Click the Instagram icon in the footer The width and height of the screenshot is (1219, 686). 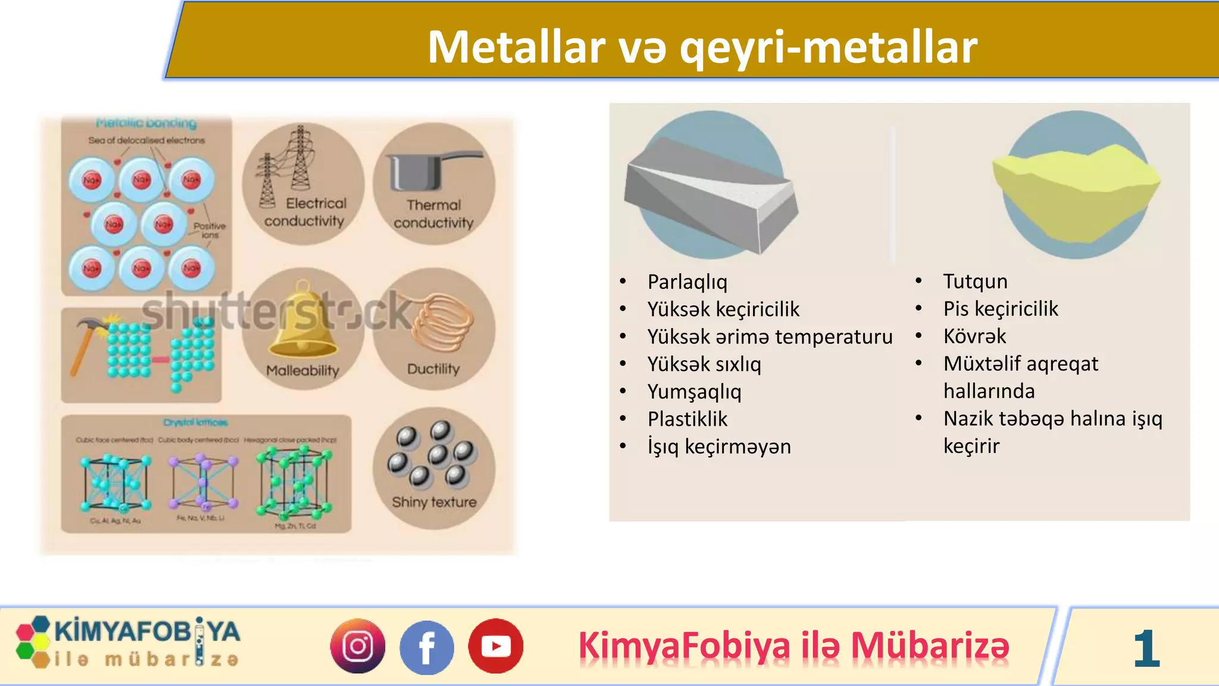pyautogui.click(x=358, y=646)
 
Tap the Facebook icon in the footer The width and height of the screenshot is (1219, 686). pyautogui.click(x=426, y=647)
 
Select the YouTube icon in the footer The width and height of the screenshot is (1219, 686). pyautogui.click(x=495, y=646)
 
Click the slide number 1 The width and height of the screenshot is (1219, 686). pyautogui.click(x=1146, y=648)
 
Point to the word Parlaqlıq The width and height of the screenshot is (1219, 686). pyautogui.click(x=687, y=282)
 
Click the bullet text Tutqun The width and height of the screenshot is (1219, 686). pyautogui.click(x=975, y=281)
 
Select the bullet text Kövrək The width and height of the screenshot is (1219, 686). pyautogui.click(x=974, y=336)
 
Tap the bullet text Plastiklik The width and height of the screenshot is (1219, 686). pyautogui.click(x=687, y=419)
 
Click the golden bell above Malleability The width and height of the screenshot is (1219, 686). pyautogui.click(x=302, y=325)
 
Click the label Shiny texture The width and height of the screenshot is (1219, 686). pyautogui.click(x=434, y=503)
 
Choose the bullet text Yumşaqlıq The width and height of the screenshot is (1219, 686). pyautogui.click(x=694, y=392)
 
